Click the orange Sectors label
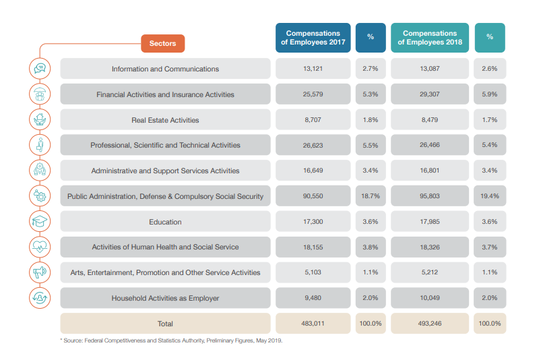(162, 44)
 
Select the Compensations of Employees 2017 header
(313, 38)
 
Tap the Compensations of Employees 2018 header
(430, 38)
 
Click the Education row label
(165, 222)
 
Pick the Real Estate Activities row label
(165, 120)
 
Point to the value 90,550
(313, 196)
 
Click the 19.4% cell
(490, 196)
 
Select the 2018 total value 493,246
(430, 324)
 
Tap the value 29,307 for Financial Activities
(430, 94)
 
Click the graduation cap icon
(40, 221)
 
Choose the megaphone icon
(40, 272)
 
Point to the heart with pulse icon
(40, 247)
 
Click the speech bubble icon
(40, 68)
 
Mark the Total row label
(165, 324)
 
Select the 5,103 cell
(313, 272)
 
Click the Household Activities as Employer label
(165, 298)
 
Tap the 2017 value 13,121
(313, 68)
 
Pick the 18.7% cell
(371, 196)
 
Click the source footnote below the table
(172, 340)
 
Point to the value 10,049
(430, 298)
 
